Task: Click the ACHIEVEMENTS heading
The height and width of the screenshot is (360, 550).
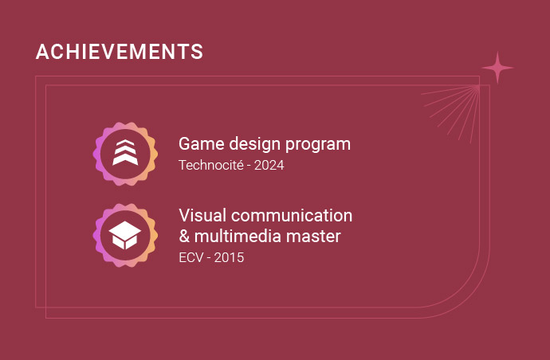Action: click(120, 52)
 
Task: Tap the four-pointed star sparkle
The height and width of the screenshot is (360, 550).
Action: click(497, 68)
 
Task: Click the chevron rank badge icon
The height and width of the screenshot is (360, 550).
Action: click(125, 154)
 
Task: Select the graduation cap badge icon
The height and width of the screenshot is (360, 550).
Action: click(125, 235)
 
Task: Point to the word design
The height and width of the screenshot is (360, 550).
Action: click(255, 144)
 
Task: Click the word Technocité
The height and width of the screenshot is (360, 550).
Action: click(211, 165)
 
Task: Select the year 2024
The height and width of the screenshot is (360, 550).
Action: click(269, 165)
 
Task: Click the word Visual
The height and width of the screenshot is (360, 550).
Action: click(202, 215)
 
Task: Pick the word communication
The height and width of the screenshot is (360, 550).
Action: click(292, 215)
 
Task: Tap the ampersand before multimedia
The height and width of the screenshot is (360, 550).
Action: click(184, 237)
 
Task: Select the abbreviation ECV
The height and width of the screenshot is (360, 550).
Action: click(191, 257)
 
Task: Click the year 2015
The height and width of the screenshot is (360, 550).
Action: click(229, 257)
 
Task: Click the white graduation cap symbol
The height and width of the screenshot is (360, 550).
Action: click(125, 235)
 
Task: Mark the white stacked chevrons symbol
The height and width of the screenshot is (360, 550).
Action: click(125, 152)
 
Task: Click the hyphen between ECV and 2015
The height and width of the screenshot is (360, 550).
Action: click(208, 258)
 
